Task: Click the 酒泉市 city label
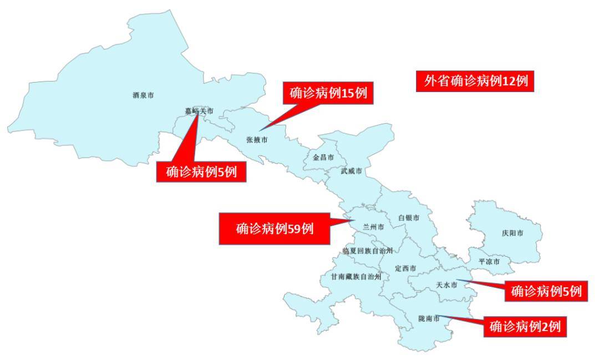coord(143,95)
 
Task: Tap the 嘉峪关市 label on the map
coord(199,111)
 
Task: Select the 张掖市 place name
coord(256,140)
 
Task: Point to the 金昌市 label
coord(323,158)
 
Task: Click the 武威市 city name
coord(351,171)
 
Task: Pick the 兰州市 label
coord(373,227)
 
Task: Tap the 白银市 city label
coord(409,218)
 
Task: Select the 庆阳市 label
coord(512,234)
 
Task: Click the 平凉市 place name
coord(489,261)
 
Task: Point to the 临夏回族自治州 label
coord(368,251)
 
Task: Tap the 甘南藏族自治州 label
coord(356,276)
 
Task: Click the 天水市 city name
coord(446,285)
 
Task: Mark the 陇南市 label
coord(429,319)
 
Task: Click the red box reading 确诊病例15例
coord(328,93)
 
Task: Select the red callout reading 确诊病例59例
coord(275,228)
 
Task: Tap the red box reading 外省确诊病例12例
coord(475,82)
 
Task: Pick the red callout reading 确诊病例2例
coord(525,327)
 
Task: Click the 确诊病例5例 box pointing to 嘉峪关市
coord(201,172)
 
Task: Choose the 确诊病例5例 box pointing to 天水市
coord(546,291)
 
